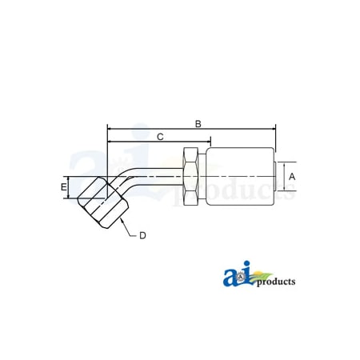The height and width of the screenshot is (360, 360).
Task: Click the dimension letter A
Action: pyautogui.click(x=292, y=176)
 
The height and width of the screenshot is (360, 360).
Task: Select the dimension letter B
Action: pyautogui.click(x=198, y=124)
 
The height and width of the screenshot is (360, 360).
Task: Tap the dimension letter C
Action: pyautogui.click(x=160, y=137)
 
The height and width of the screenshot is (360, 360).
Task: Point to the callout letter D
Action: pyautogui.click(x=142, y=235)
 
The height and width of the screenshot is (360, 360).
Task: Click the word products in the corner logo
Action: pyautogui.click(x=276, y=282)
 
